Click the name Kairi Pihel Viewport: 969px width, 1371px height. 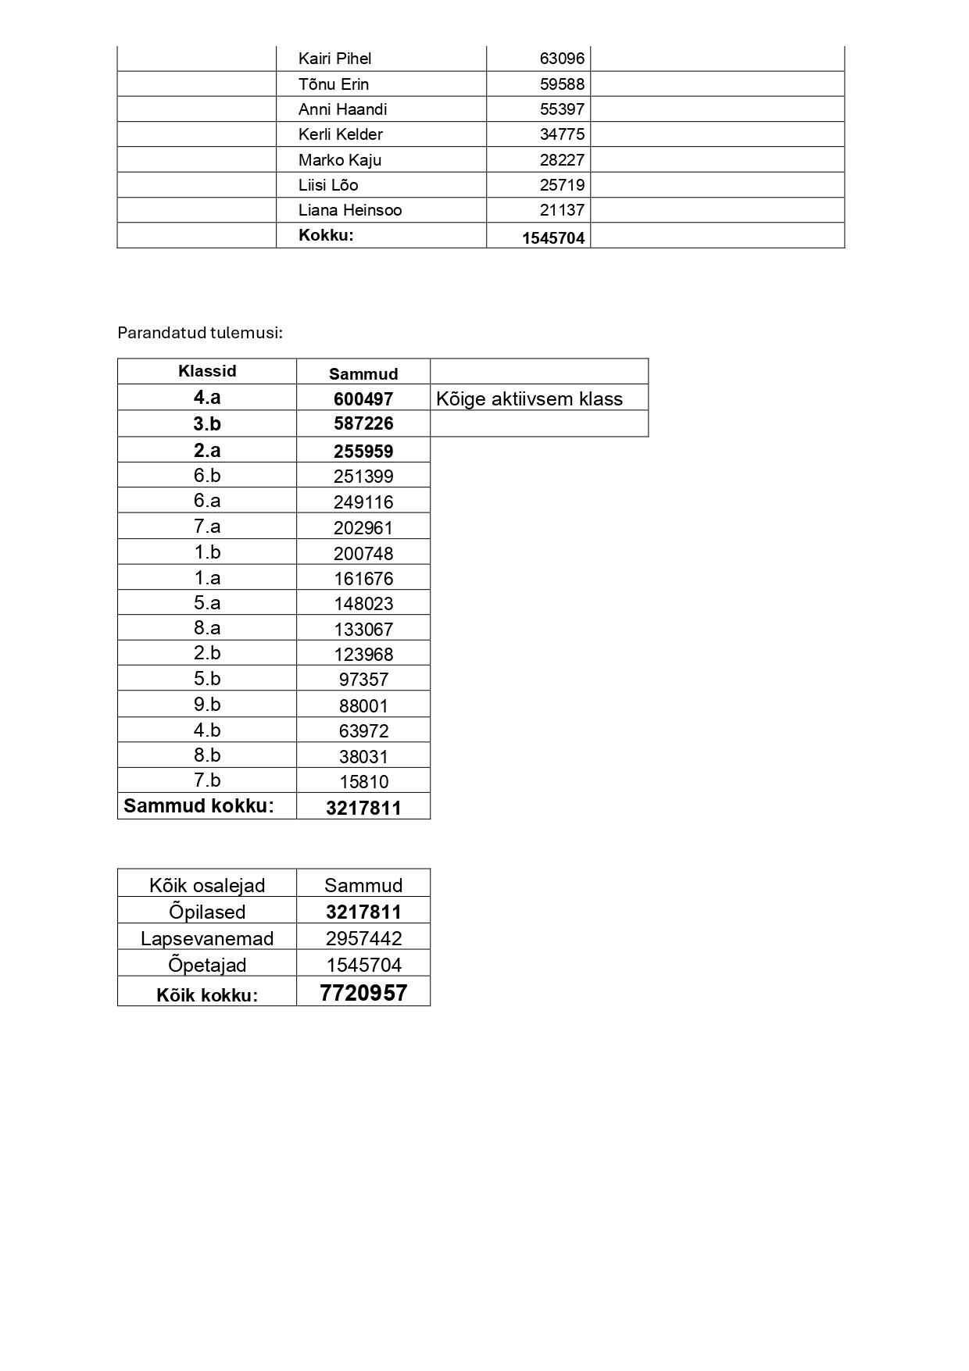tap(334, 59)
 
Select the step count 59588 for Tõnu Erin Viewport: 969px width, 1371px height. tap(561, 84)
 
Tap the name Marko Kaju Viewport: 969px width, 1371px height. tap(339, 160)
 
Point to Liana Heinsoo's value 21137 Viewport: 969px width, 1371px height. tap(561, 210)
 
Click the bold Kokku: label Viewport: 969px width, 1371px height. tap(326, 235)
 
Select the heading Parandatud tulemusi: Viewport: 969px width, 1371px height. tap(199, 333)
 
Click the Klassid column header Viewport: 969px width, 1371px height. tap(207, 371)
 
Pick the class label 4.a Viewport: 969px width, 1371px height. tap(207, 398)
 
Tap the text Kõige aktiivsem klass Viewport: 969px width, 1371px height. tap(529, 399)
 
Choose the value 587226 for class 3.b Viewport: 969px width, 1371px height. tap(363, 423)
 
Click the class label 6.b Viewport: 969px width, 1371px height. tap(207, 475)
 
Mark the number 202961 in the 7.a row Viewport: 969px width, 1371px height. tap(363, 528)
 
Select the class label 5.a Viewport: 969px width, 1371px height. tap(207, 602)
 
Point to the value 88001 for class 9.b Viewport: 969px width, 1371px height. tap(363, 706)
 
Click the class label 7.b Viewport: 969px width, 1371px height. tap(207, 780)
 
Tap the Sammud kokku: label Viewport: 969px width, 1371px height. tap(198, 806)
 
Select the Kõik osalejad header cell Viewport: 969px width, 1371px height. tap(207, 885)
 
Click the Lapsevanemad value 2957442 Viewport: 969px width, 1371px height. tap(363, 938)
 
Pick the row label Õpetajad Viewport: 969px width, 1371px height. tap(207, 965)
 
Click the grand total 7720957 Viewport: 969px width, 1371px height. tap(363, 993)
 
